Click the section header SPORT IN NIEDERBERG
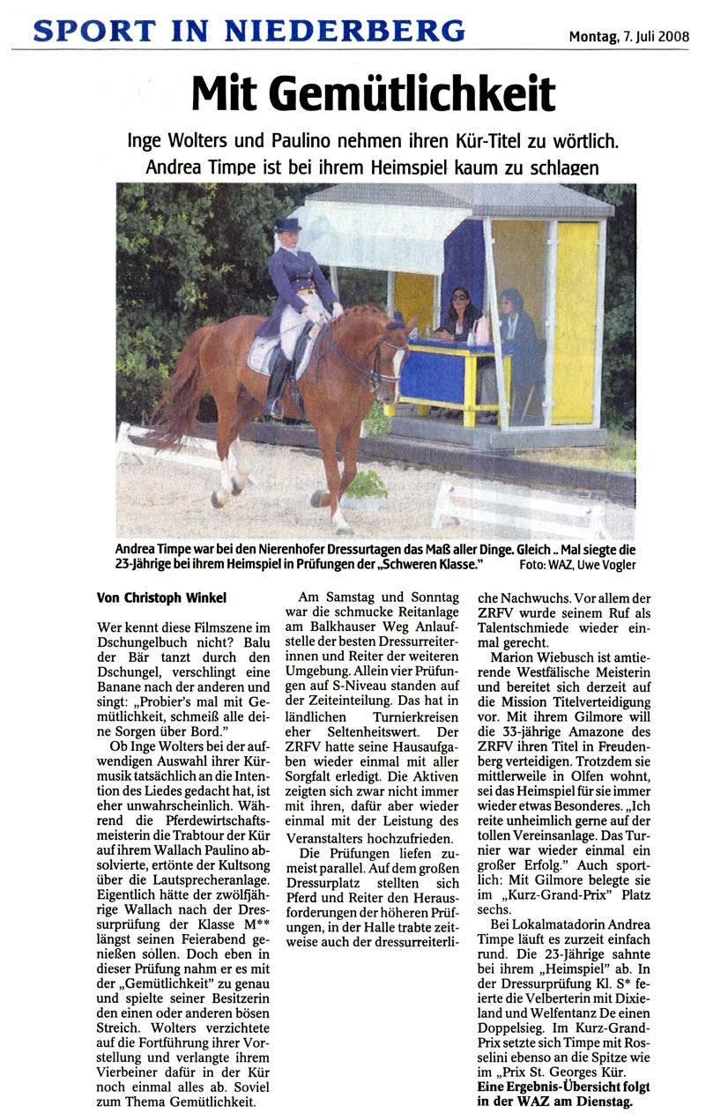[x=249, y=33]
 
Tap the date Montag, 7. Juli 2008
[x=628, y=36]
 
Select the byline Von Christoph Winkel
[x=161, y=597]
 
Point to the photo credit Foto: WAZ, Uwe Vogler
[x=576, y=566]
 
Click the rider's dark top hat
[x=287, y=226]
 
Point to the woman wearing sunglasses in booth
[x=459, y=313]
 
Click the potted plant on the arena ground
[x=367, y=488]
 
